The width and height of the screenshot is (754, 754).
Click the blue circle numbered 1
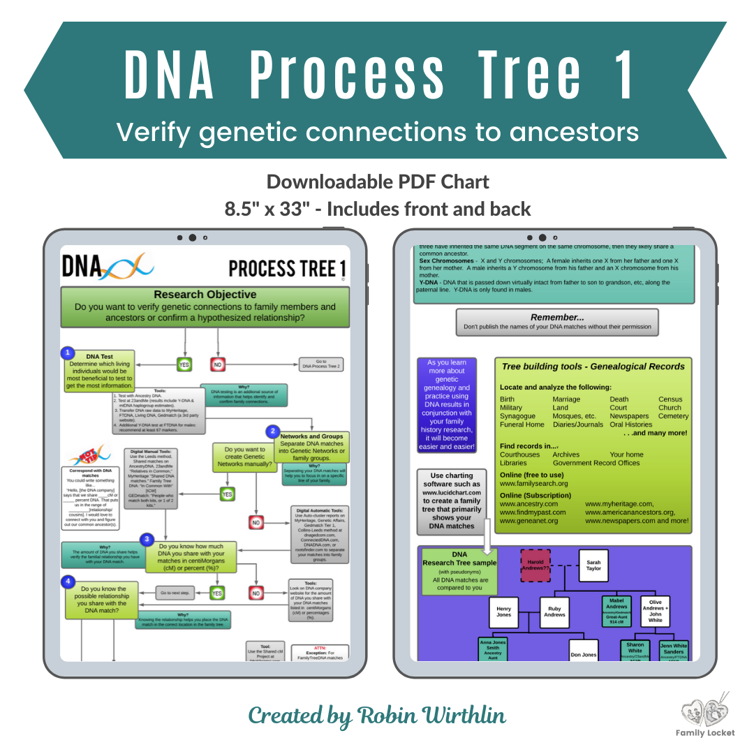coord(68,353)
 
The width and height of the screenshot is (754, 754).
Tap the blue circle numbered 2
coord(273,431)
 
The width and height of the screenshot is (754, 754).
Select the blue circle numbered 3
coord(147,539)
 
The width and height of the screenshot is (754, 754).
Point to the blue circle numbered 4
coord(68,581)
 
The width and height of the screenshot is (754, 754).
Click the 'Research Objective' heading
coord(205,295)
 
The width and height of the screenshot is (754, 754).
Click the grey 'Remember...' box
coord(556,321)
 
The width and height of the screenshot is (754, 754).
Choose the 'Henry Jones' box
coord(503,612)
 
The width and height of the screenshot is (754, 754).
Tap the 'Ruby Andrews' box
coord(554,612)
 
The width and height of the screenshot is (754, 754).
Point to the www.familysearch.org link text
coord(533,483)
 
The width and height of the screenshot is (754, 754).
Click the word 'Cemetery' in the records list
coord(673,416)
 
